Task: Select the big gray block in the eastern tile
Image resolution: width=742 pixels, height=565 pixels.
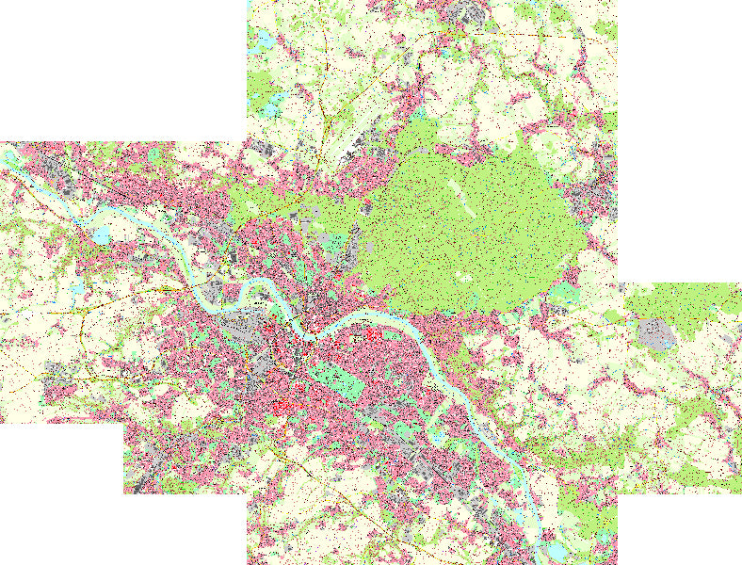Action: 656,335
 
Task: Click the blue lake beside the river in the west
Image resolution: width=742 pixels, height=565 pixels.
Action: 102,234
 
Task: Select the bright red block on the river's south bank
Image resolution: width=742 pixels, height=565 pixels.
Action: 371,333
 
